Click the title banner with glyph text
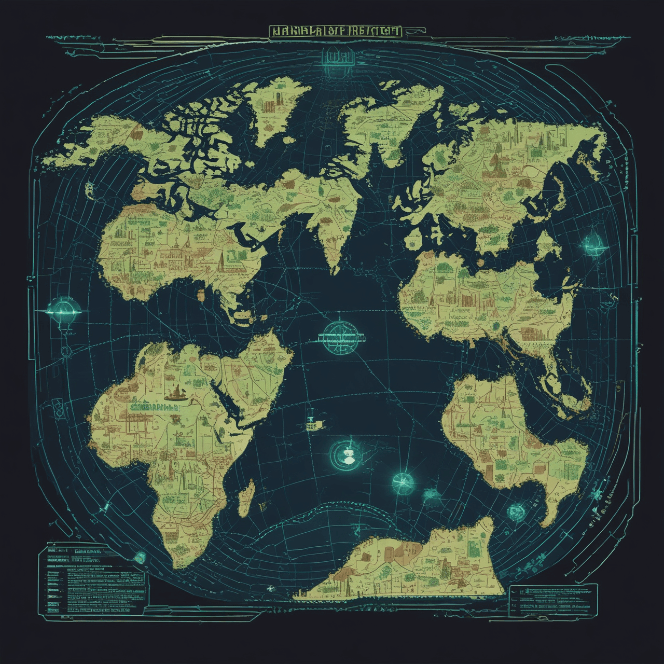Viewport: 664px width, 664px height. pos(335,31)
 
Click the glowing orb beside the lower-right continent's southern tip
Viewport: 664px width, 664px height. pos(517,511)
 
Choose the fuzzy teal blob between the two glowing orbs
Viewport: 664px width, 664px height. pos(432,494)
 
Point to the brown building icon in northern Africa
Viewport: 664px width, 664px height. pos(175,393)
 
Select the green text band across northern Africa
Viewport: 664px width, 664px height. pos(156,408)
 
